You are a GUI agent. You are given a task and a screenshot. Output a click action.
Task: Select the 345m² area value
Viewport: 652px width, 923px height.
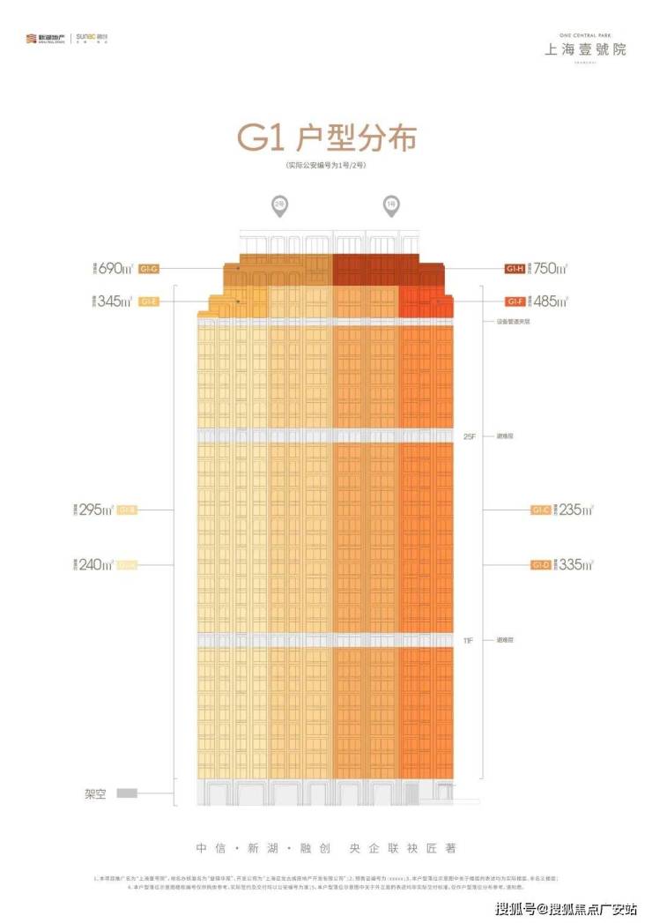(x=115, y=301)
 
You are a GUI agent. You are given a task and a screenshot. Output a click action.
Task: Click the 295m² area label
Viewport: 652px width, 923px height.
(x=98, y=510)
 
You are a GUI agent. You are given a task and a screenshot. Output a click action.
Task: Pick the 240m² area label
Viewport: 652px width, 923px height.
(x=98, y=564)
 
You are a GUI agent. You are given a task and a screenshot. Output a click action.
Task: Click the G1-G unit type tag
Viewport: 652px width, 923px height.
(x=148, y=268)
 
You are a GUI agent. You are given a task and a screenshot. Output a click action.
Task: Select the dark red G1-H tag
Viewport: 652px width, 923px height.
(x=515, y=268)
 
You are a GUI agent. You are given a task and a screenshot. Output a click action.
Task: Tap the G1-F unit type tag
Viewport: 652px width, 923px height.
(x=515, y=301)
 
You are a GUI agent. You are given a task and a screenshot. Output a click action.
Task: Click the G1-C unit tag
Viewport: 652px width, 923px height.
(x=540, y=510)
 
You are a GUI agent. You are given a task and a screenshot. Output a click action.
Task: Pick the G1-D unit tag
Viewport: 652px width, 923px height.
(x=540, y=564)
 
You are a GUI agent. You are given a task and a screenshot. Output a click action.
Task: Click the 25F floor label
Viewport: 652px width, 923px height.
(x=469, y=436)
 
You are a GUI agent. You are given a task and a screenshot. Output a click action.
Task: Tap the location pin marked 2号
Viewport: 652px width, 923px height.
(x=278, y=207)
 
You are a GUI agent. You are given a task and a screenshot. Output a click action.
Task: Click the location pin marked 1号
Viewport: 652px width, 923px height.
(x=389, y=207)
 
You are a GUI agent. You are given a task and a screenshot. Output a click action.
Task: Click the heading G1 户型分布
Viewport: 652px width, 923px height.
(x=325, y=139)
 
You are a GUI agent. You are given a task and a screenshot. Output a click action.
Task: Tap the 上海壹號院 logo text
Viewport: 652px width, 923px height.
(x=584, y=48)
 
